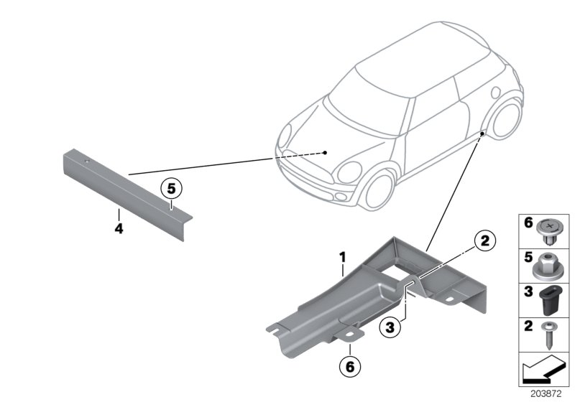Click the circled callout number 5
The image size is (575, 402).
(x=171, y=189)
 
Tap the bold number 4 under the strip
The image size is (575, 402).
(x=119, y=229)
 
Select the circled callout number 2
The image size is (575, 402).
(x=484, y=241)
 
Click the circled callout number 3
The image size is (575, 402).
(x=390, y=327)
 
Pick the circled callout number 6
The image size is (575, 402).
(x=350, y=366)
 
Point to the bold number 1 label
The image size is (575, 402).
(x=343, y=257)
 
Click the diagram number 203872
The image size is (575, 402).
(x=546, y=394)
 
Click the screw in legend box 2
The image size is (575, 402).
(x=548, y=335)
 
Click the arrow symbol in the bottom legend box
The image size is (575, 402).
(x=543, y=368)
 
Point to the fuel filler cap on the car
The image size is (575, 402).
(x=495, y=92)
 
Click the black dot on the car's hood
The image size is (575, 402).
(x=325, y=153)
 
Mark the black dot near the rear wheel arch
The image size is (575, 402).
(x=482, y=134)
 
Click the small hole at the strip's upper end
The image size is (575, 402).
(x=86, y=161)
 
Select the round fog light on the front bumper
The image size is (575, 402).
(x=341, y=197)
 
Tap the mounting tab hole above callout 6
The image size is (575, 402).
(x=349, y=335)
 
